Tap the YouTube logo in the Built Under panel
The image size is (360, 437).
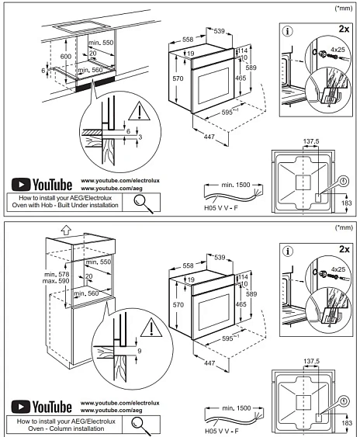[x=42, y=185]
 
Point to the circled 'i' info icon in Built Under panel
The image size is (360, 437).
[x=288, y=32]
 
